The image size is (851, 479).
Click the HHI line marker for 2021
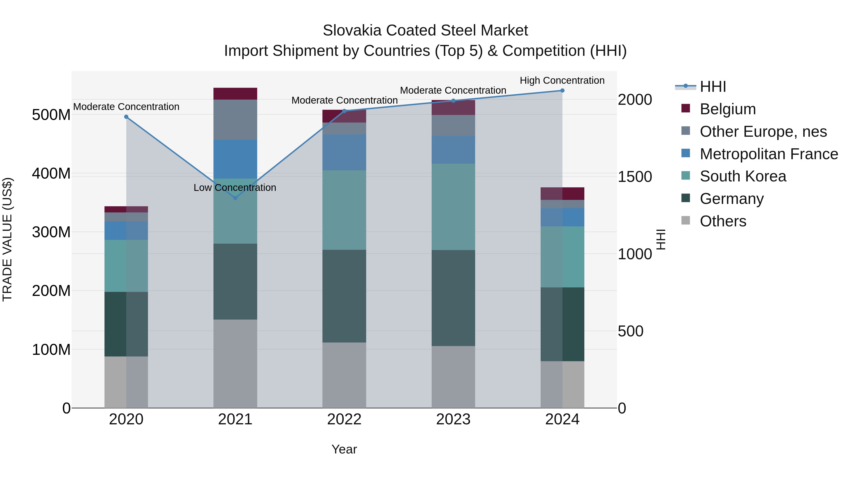(x=235, y=198)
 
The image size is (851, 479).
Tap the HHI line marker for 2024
(x=562, y=91)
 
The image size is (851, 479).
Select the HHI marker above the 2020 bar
(x=126, y=117)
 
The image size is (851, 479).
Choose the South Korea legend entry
(x=743, y=176)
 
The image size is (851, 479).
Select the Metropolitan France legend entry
(x=769, y=154)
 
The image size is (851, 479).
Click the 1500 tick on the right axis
(x=635, y=177)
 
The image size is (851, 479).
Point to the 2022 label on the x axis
(x=344, y=419)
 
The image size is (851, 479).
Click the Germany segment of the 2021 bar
(x=235, y=282)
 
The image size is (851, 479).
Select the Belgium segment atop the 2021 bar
(x=235, y=93)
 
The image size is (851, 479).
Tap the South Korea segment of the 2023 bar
(x=453, y=207)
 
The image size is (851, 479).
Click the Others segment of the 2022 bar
(x=344, y=375)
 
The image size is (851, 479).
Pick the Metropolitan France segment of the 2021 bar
(x=235, y=159)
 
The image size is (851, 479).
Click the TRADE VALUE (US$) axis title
(x=7, y=239)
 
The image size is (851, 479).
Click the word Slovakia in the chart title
(x=352, y=31)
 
